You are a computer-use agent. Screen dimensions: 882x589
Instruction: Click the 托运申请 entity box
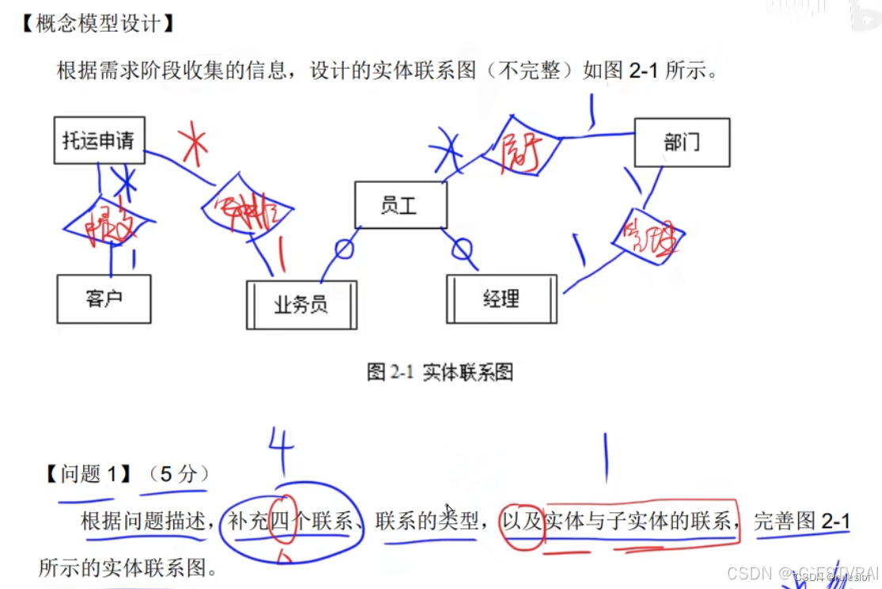(99, 141)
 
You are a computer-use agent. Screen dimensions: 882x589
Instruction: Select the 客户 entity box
(104, 298)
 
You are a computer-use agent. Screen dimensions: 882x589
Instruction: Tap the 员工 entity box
(400, 205)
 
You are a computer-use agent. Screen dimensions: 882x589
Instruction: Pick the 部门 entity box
(682, 142)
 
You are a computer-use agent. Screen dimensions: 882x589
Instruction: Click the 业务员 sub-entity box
(301, 305)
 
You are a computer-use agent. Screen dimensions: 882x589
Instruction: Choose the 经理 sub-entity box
(501, 298)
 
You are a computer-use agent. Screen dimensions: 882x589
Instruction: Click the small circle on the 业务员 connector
(344, 249)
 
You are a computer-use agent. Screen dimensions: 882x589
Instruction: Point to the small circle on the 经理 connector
(462, 250)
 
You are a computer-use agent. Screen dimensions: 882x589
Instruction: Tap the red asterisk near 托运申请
(193, 143)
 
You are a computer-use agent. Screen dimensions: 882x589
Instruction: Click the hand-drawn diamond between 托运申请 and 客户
(106, 222)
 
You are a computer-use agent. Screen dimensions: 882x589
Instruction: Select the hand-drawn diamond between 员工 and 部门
(521, 145)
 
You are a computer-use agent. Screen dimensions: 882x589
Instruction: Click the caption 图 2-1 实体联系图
(440, 372)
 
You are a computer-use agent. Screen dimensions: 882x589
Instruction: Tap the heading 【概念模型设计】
(96, 24)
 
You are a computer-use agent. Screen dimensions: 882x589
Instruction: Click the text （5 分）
(178, 474)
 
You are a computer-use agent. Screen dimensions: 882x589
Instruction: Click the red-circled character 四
(283, 521)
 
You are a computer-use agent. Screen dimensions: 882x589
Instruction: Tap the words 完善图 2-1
(801, 521)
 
